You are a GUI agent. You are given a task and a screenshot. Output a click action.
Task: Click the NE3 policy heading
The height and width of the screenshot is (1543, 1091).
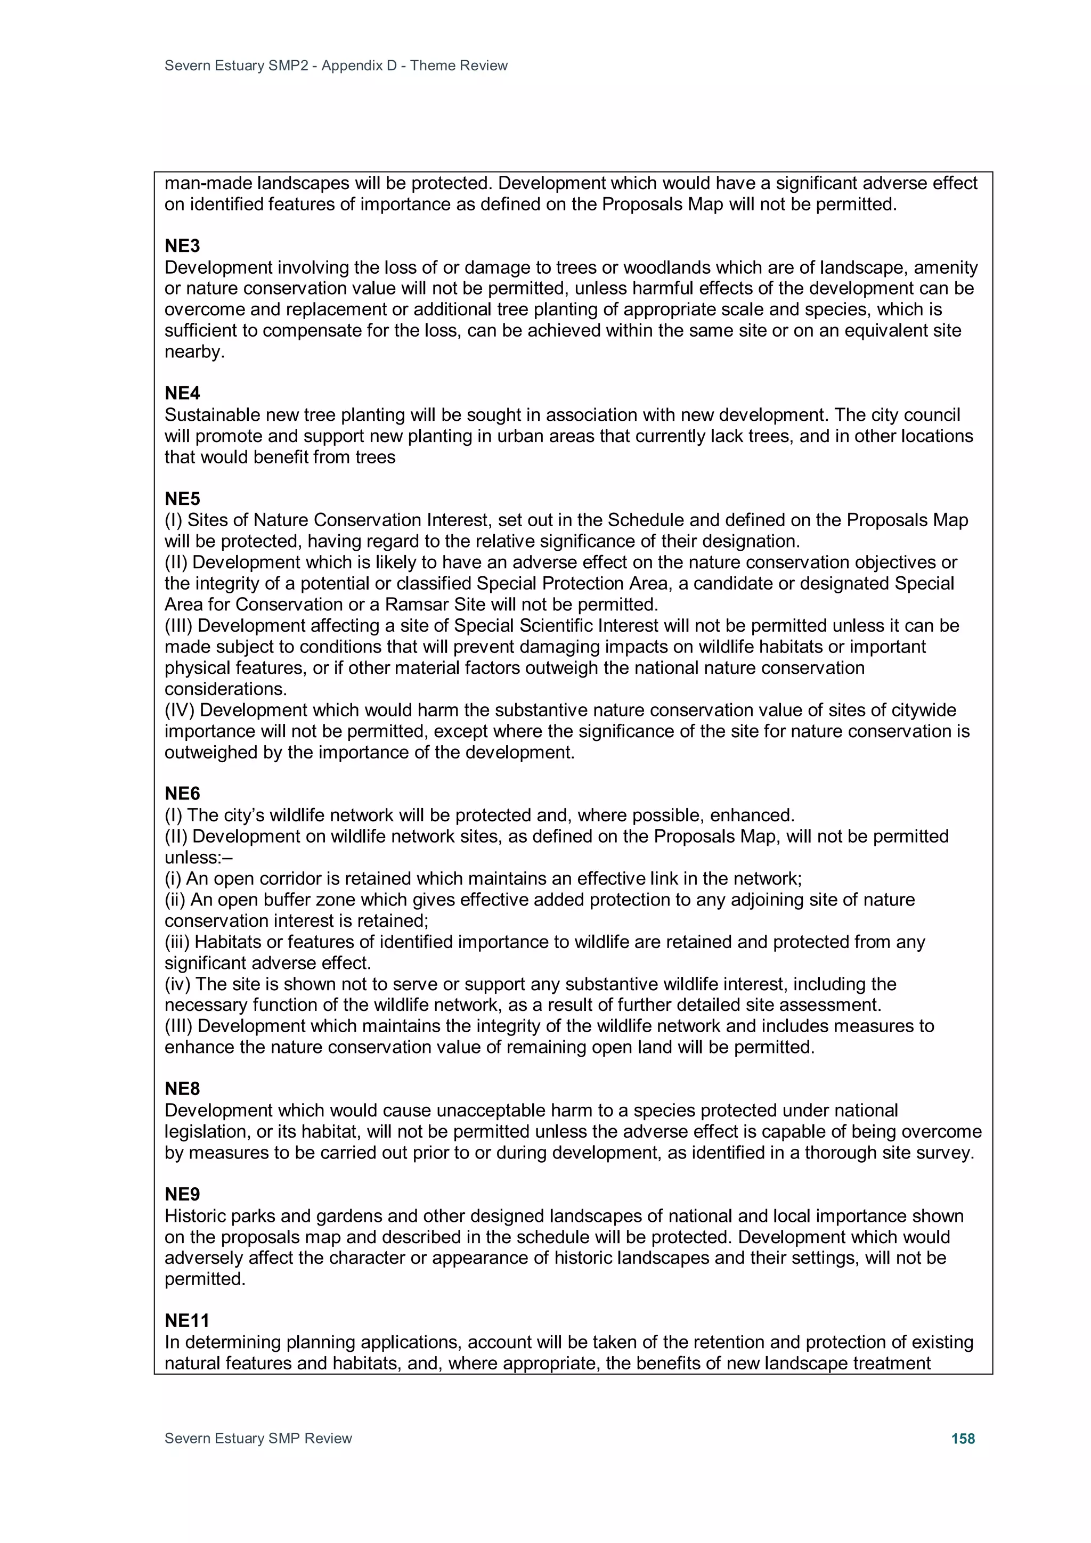tap(182, 246)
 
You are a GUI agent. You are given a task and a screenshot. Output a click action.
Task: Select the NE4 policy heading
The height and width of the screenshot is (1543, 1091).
tap(182, 393)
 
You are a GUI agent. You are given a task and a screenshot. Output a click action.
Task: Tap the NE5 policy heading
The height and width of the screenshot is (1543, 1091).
tap(182, 499)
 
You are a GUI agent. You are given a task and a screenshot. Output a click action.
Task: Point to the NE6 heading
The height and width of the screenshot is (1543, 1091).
tap(182, 794)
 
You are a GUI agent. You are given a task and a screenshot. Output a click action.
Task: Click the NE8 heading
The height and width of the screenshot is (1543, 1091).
tap(182, 1089)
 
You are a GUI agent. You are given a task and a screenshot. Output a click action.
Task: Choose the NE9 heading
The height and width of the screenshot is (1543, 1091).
tap(182, 1194)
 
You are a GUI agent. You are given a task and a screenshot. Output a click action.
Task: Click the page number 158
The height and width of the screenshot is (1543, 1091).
tap(963, 1438)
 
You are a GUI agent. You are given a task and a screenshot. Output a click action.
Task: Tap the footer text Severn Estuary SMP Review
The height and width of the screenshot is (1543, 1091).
tap(258, 1438)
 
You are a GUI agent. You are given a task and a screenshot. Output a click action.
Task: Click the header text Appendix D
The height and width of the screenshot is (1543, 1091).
tap(359, 66)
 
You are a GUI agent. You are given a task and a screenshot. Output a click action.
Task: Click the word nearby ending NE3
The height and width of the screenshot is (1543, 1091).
tap(194, 352)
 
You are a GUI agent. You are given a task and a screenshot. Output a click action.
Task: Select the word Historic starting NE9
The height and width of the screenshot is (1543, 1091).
tap(196, 1216)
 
